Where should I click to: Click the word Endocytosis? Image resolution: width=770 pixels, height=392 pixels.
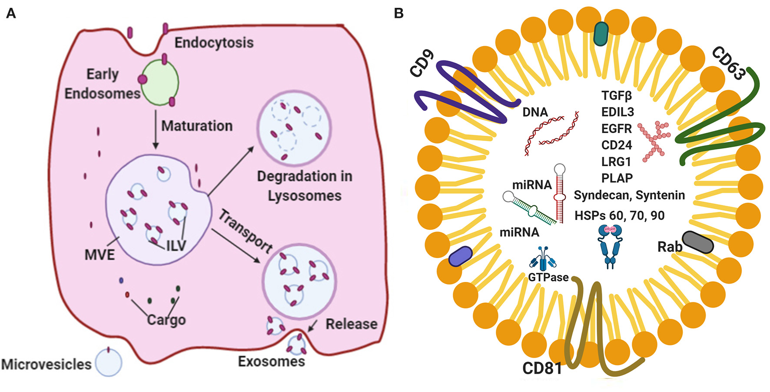(x=214, y=43)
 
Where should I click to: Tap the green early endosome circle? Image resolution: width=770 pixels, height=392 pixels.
(x=160, y=83)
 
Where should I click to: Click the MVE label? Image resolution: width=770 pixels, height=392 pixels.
(x=100, y=255)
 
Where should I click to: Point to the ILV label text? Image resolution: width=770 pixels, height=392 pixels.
(x=176, y=246)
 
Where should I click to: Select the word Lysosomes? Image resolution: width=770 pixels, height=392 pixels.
(x=304, y=196)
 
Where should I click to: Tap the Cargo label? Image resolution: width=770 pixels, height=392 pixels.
(x=166, y=320)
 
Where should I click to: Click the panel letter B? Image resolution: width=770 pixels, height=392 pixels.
(x=398, y=13)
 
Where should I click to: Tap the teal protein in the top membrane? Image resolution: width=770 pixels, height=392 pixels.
(x=601, y=34)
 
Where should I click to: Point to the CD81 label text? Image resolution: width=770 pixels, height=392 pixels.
(x=542, y=369)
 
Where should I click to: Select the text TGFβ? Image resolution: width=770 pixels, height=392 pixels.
(x=616, y=95)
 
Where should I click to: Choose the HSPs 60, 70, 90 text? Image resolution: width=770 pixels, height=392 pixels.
(x=619, y=215)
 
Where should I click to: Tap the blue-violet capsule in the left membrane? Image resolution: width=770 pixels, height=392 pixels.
(x=460, y=256)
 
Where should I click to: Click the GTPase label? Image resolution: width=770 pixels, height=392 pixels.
(x=548, y=277)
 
